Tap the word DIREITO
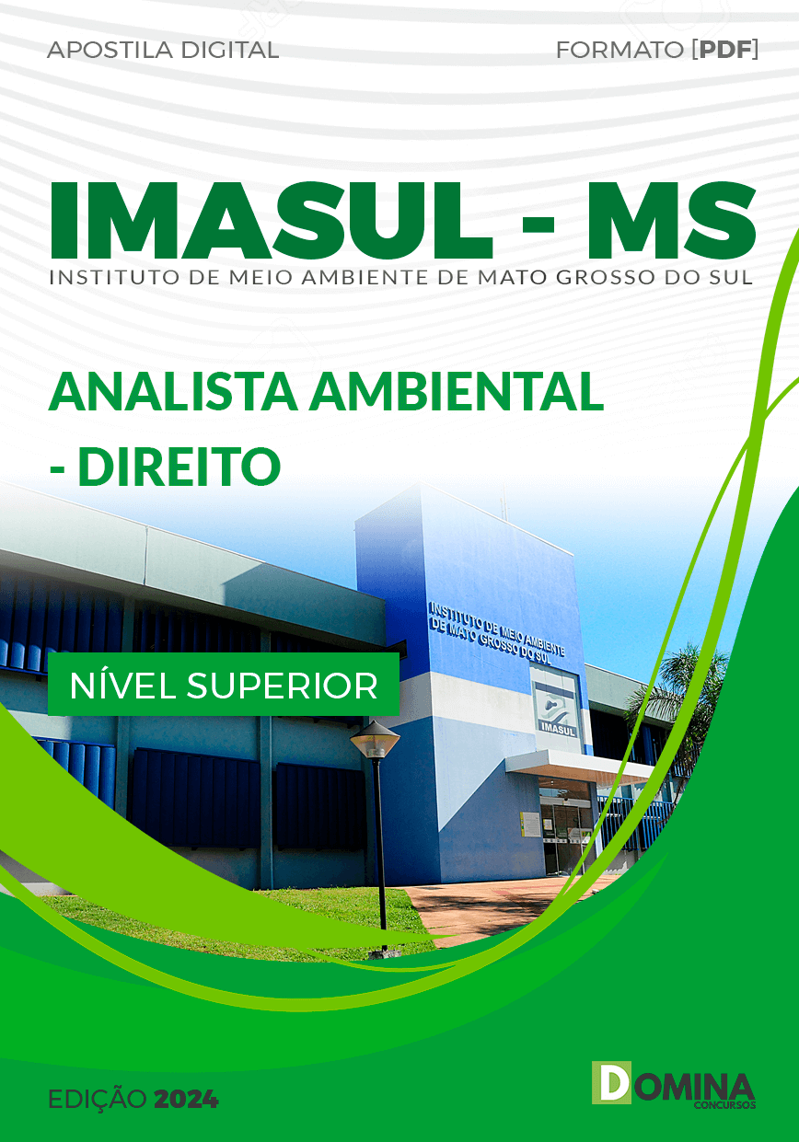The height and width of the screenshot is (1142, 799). click(x=179, y=467)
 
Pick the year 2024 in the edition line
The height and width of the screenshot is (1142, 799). click(x=187, y=1100)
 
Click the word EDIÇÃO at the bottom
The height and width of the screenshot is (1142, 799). click(x=97, y=1100)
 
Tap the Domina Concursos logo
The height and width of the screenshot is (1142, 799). click(x=674, y=1084)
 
